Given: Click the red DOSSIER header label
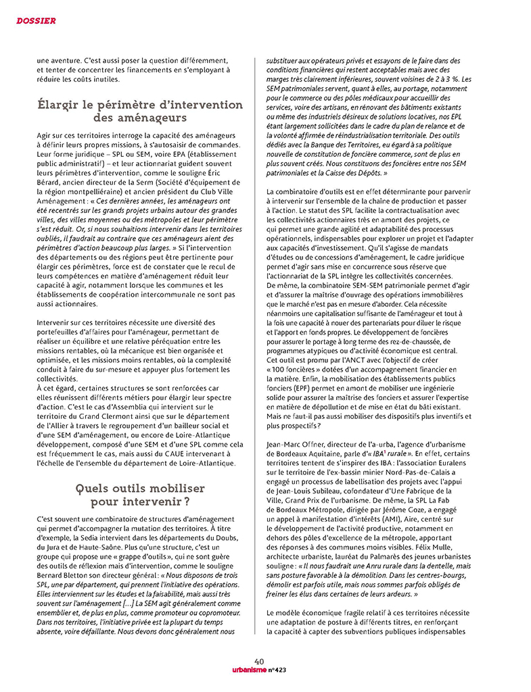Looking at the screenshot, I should click(x=35, y=21).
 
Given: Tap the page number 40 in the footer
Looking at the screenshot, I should click(x=259, y=661).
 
